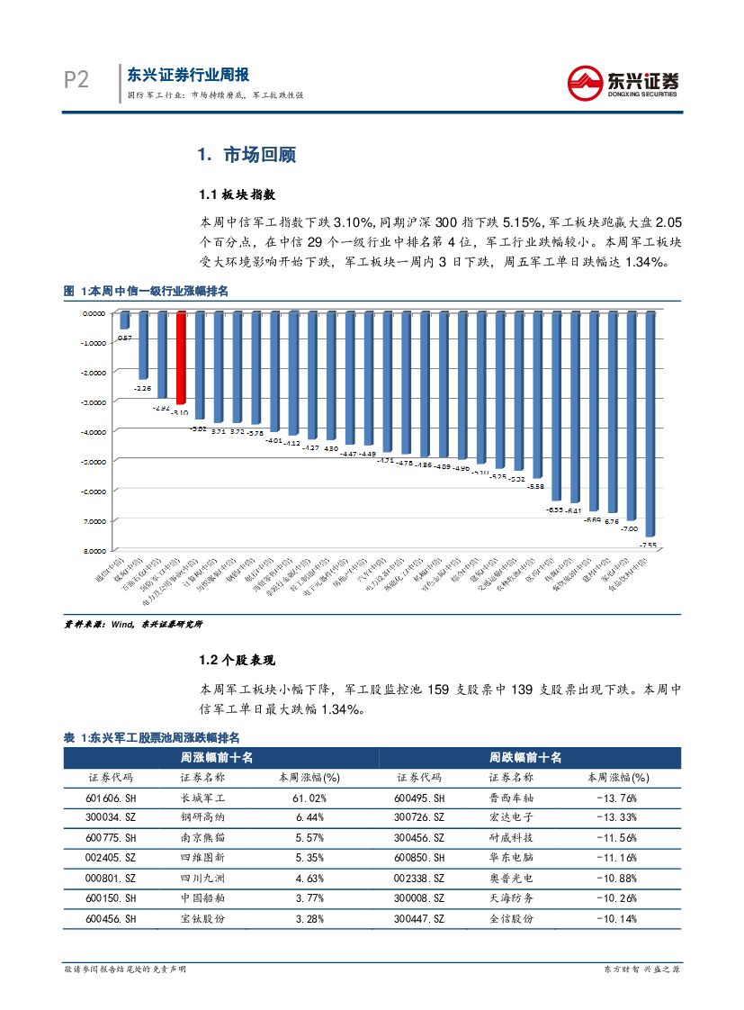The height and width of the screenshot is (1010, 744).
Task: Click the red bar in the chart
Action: point(181,357)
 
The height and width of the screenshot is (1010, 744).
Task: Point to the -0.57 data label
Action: point(125,338)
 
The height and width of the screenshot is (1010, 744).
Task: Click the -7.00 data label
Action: point(630,529)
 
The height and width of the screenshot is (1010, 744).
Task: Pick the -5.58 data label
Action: point(535,486)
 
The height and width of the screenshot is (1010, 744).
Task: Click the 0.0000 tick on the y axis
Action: point(94,313)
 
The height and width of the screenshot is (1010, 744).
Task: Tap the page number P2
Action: point(76,81)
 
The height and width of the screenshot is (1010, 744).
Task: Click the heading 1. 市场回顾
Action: point(247,155)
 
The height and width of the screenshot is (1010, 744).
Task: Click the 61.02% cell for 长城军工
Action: point(302,798)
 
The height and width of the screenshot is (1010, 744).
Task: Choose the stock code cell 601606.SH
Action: point(110,798)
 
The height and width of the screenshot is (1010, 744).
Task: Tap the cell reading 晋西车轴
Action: point(512,798)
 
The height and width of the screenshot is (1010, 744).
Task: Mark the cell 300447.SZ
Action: point(419,918)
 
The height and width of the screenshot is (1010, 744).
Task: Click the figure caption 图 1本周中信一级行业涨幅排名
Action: point(147,291)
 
